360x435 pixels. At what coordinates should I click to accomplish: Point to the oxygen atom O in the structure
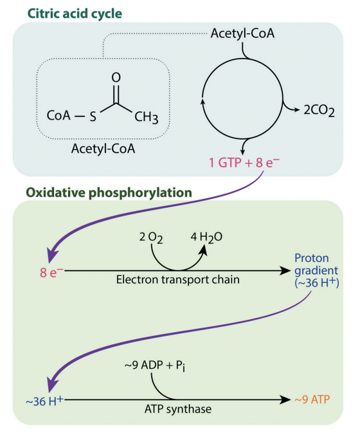click(116, 77)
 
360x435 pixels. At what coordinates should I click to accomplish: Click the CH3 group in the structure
click(147, 117)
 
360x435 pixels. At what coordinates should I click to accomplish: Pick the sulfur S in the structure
click(93, 117)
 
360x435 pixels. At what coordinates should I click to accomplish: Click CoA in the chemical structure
click(59, 117)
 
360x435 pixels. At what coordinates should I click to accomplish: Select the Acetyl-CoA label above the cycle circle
click(242, 32)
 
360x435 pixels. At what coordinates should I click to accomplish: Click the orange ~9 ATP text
click(313, 400)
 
